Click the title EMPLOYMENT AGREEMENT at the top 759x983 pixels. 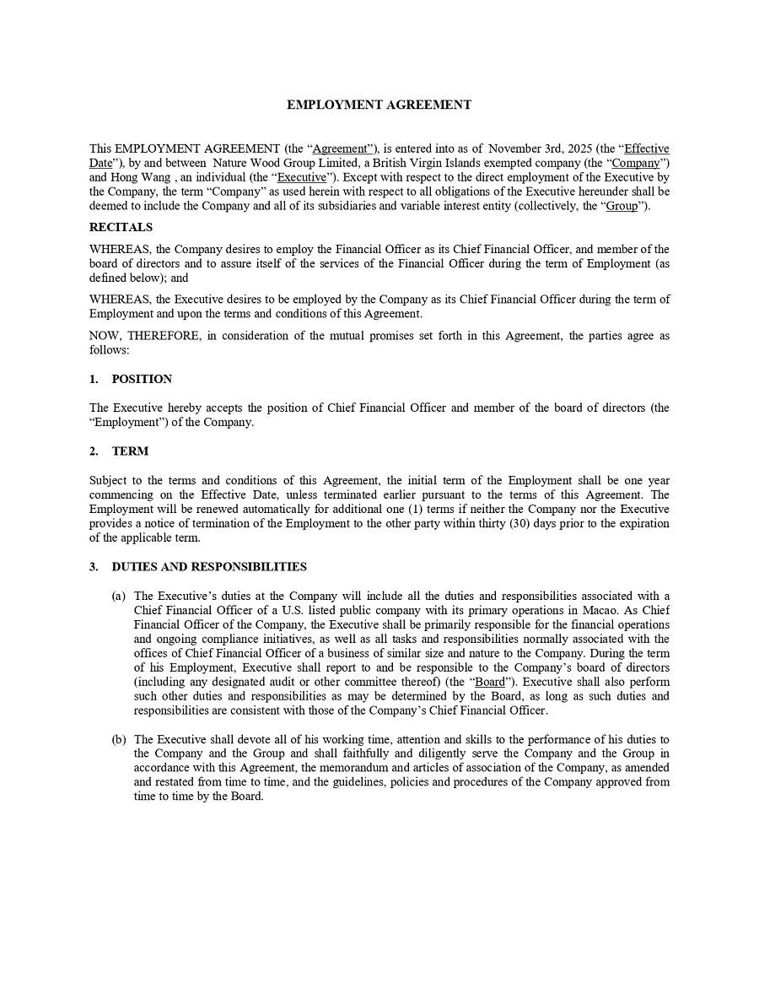(x=379, y=105)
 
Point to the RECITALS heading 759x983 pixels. (x=121, y=227)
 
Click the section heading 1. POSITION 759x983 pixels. (x=131, y=379)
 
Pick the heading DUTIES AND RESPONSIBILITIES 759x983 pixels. (x=209, y=567)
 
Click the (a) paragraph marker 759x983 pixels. (x=119, y=596)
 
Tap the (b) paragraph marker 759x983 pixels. (x=119, y=739)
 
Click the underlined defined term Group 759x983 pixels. (x=622, y=206)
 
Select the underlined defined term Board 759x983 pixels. (x=490, y=682)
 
